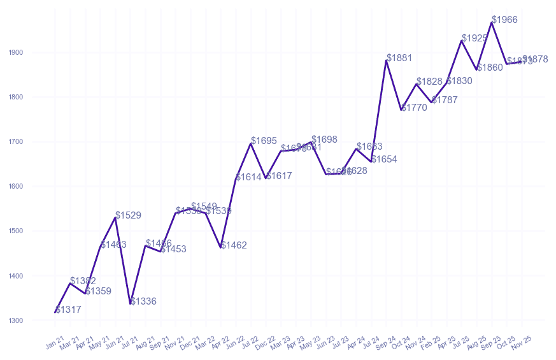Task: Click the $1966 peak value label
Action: click(505, 20)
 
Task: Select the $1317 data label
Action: click(68, 310)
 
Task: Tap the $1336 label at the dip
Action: click(143, 301)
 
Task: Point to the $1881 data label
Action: click(399, 58)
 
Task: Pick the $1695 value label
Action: click(264, 141)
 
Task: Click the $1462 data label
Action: click(234, 245)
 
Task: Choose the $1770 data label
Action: click(414, 108)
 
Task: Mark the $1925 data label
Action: click(474, 38)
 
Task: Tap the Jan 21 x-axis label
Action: click(55, 343)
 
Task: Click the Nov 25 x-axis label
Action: click(522, 343)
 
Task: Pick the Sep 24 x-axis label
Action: click(385, 343)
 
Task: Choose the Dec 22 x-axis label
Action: click(266, 343)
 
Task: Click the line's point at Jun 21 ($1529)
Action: click(115, 218)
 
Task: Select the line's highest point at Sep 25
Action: click(492, 22)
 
